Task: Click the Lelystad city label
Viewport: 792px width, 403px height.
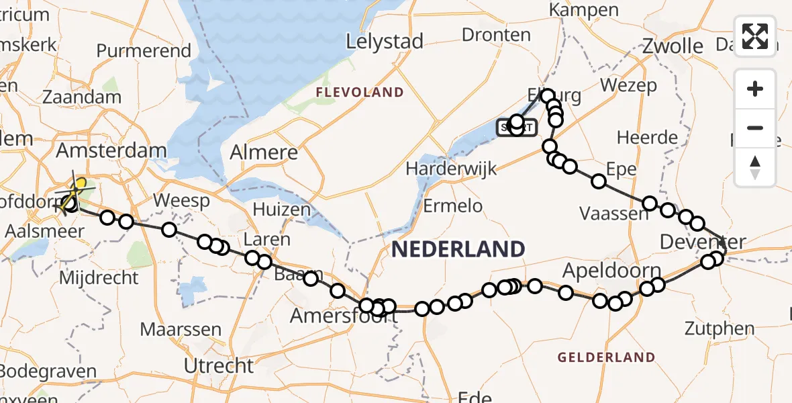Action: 385,42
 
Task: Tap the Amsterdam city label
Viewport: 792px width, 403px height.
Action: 111,150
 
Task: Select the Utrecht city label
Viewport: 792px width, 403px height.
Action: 219,366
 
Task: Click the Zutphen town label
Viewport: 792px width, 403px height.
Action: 720,329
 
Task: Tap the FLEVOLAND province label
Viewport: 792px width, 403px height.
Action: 360,93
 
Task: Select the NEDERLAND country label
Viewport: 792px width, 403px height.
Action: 458,250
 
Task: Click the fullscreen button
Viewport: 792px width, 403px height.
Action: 755,36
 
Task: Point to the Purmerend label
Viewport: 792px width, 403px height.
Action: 144,51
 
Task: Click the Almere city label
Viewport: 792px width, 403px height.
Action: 264,152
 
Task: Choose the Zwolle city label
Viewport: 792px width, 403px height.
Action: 673,46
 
